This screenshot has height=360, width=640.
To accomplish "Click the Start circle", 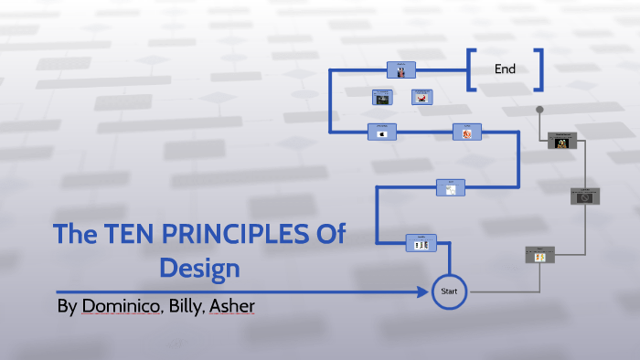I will (449, 291).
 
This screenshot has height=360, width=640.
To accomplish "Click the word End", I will (505, 69).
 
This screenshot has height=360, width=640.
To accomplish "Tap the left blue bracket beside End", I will (472, 69).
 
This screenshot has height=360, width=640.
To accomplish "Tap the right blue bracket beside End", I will (539, 69).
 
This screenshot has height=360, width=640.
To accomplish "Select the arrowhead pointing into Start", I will (423, 292).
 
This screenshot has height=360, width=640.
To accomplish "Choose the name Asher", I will (233, 306).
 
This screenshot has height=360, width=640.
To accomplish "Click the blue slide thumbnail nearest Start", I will (421, 243).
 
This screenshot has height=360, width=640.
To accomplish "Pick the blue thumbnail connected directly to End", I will (401, 69).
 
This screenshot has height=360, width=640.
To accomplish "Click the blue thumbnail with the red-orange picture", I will (466, 133).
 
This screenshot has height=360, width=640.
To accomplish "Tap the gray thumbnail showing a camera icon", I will (583, 196).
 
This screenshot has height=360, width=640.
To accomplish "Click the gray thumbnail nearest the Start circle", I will (539, 255).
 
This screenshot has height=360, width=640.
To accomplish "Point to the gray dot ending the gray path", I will (539, 110).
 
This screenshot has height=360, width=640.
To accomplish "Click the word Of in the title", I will (329, 234).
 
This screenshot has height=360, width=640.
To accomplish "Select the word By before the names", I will (67, 306).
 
